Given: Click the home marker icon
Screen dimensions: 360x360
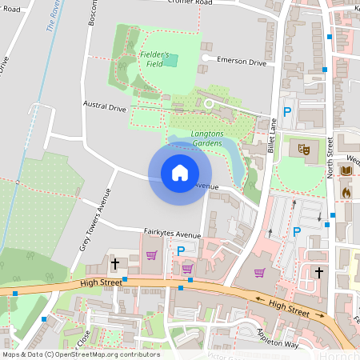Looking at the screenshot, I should [x=180, y=173].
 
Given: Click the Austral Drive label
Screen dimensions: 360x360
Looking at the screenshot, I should [x=104, y=107].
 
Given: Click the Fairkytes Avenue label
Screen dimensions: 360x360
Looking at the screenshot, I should [x=171, y=234].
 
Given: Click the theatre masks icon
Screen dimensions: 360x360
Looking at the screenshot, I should [x=303, y=148].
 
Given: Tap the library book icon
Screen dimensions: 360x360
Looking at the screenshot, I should [x=346, y=171].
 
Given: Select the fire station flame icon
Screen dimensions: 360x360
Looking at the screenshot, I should [x=346, y=192].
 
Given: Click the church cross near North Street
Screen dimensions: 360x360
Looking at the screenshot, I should [x=319, y=273].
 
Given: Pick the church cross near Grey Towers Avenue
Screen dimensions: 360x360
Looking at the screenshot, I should [x=114, y=263].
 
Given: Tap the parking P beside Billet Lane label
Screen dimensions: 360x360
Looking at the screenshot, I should [x=285, y=114].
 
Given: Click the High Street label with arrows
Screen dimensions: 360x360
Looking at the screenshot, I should [x=286, y=305].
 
